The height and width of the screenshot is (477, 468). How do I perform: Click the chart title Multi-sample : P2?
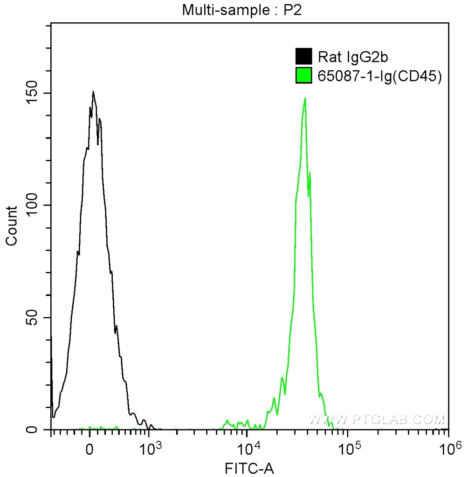pyautogui.click(x=242, y=11)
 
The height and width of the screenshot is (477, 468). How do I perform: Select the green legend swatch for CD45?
pyautogui.click(x=303, y=76)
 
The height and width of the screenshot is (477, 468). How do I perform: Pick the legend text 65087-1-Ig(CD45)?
pyautogui.click(x=379, y=76)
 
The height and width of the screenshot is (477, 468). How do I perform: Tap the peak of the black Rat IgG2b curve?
pyautogui.click(x=93, y=92)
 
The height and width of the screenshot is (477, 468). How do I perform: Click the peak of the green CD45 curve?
pyautogui.click(x=305, y=98)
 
